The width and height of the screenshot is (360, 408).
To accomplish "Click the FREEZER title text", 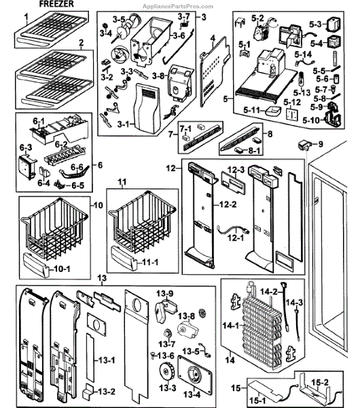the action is click(x=56, y=4).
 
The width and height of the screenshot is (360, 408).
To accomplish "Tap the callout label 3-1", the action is click(x=123, y=124).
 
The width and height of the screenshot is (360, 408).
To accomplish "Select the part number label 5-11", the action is click(x=251, y=110).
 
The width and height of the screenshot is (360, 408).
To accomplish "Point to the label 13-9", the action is click(x=165, y=294).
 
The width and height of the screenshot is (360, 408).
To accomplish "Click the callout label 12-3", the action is click(x=236, y=169).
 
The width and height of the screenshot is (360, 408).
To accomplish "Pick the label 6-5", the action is click(x=78, y=186).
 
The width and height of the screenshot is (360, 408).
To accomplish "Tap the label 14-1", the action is click(x=230, y=325).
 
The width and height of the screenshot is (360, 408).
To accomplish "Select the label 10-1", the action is click(x=62, y=269).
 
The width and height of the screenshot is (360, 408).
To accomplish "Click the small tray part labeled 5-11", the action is click(x=273, y=112).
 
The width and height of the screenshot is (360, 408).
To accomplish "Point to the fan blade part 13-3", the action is click(x=167, y=371).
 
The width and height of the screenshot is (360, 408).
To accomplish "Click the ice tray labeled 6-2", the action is click(x=66, y=156).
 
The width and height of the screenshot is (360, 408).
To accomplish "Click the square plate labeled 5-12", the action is click(x=292, y=114).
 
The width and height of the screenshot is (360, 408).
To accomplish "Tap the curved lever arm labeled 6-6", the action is click(x=74, y=171).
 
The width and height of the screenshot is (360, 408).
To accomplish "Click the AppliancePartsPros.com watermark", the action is click(x=178, y=7).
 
